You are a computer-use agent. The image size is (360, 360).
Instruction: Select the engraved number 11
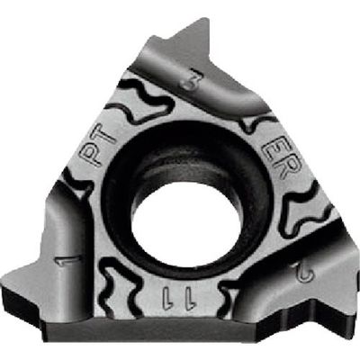[x=170, y=296]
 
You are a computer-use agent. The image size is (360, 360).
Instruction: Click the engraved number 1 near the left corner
[x=65, y=263]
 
